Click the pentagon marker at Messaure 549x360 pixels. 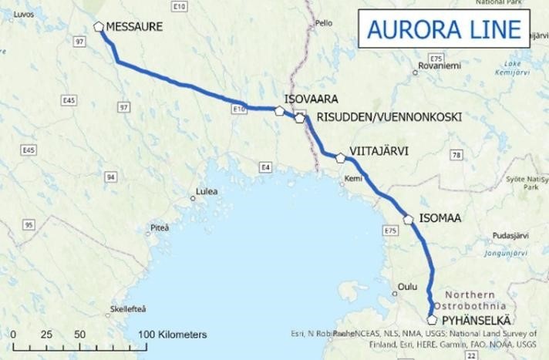99,26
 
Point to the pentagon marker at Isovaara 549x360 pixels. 279,111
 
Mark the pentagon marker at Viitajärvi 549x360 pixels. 341,158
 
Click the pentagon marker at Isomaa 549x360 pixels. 409,220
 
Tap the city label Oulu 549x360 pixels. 406,287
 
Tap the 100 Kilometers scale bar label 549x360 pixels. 174,335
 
